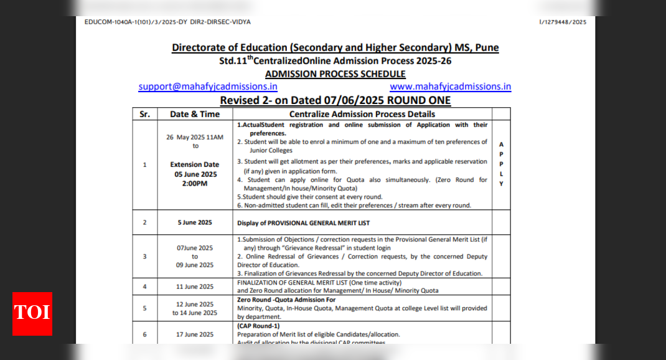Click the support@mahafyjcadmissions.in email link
coord(208,87)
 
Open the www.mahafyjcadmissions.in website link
coord(450,87)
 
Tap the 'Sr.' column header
coord(144,114)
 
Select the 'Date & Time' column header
coord(195,114)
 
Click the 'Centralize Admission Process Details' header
coord(362,114)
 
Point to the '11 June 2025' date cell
coord(195,287)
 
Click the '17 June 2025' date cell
coord(195,334)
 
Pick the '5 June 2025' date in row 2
coord(195,222)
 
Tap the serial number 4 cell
coord(144,287)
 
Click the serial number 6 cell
coord(144,334)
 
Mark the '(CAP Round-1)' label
coord(258,325)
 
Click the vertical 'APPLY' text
coord(501,164)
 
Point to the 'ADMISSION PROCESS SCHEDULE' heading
coord(335,73)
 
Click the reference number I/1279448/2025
coord(563,22)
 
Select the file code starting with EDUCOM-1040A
coord(167,22)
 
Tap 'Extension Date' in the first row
coord(195,165)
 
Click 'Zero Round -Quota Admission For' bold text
coord(286,300)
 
